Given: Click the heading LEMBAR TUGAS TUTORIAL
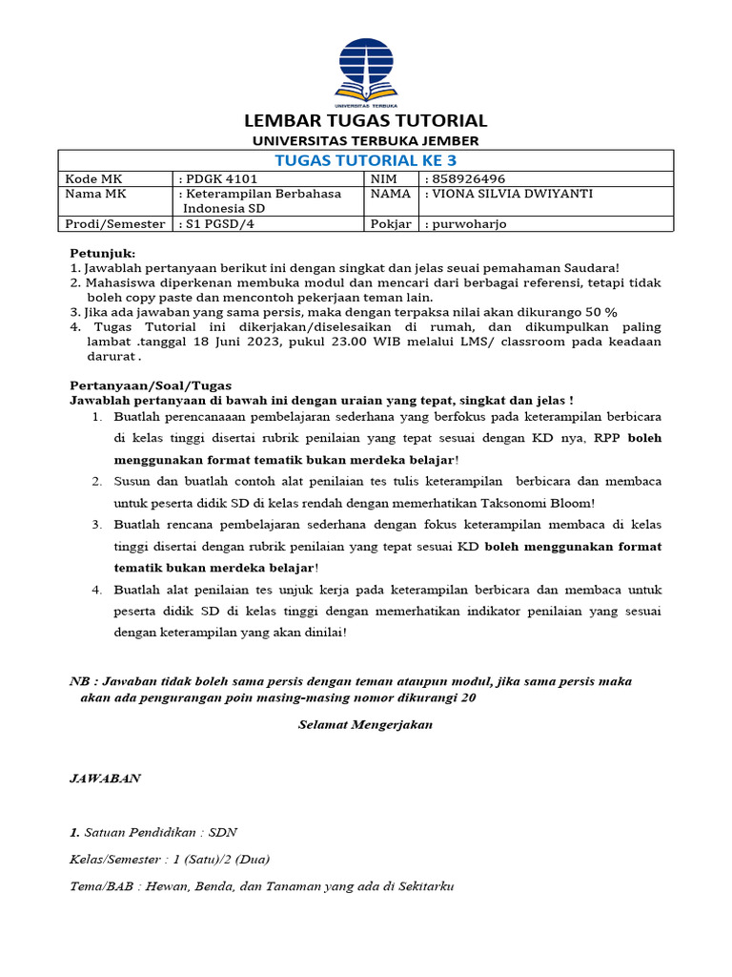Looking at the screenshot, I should pos(366,121).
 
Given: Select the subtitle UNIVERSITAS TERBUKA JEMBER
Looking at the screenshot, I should pos(366,141).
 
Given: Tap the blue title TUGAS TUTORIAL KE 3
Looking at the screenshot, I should pos(365,159).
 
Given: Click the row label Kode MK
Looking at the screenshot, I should pos(89,178).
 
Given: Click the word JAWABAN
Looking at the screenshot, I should pos(105,778).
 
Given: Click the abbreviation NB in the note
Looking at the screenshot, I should pos(80,681).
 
